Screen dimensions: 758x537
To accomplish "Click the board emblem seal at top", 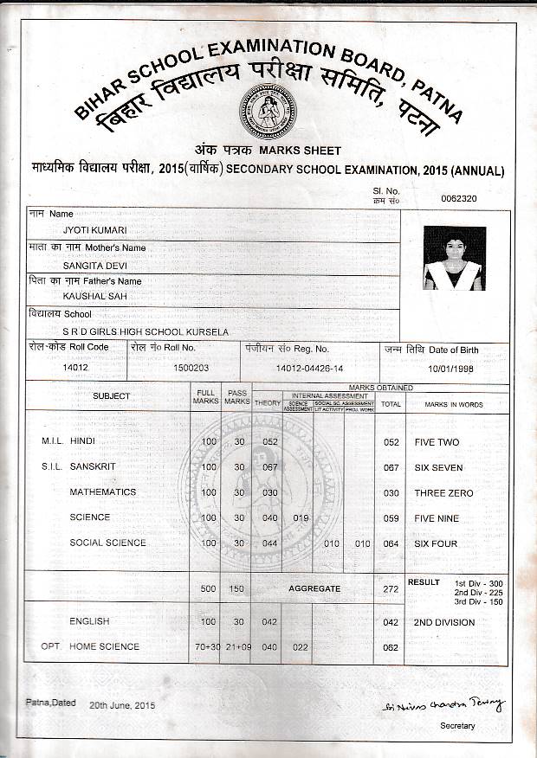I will point(268,112).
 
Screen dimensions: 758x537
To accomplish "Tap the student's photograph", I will point(454,258).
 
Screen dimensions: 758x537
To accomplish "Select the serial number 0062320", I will point(458,198).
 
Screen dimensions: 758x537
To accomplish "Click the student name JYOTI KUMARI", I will point(88,230).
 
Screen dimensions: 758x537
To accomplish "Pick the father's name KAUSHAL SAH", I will point(89,296).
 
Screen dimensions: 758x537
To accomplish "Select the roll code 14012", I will point(76,368).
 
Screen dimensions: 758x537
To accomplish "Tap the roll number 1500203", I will point(191,368).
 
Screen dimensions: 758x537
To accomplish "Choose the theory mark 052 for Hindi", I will point(269,442).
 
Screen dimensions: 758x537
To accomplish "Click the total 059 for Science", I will point(391,518).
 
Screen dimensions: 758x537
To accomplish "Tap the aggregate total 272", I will point(391,589).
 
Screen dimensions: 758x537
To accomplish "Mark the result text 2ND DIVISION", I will point(443,622).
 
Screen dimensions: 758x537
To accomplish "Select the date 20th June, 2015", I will point(121,705).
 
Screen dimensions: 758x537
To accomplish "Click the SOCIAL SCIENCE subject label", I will point(107,543).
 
